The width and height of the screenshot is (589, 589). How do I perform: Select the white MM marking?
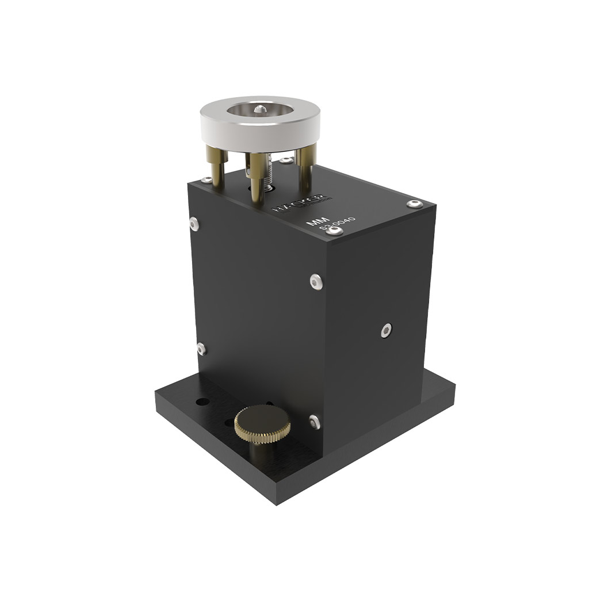point(315,222)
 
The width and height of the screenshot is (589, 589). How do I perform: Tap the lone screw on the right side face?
point(386,330)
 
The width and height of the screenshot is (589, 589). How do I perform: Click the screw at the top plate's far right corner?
point(415,204)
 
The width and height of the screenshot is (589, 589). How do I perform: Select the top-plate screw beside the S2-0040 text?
point(335,231)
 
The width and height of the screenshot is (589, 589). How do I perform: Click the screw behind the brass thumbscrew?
point(313,422)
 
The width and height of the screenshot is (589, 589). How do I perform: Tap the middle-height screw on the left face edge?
point(201,349)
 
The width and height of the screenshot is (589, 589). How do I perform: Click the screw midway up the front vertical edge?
point(315,281)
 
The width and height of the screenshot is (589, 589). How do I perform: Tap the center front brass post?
point(256,175)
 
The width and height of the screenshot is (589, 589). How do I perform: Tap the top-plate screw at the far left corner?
point(206,180)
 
